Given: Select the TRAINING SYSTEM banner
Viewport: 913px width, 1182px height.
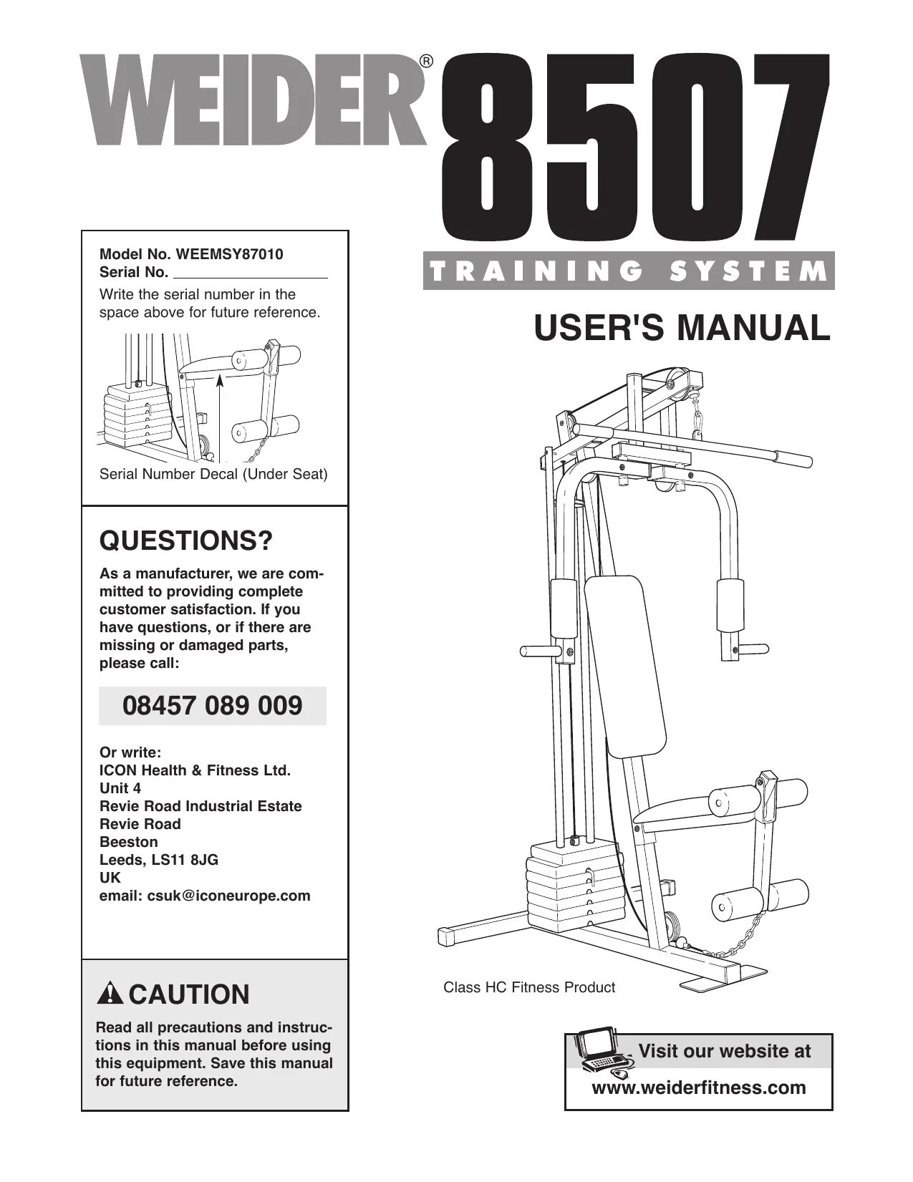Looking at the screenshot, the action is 629,271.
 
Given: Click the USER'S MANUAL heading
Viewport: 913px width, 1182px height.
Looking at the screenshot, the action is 682,328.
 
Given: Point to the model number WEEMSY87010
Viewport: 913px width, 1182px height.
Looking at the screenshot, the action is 231,254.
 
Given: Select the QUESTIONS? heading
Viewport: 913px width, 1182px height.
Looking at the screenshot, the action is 186,541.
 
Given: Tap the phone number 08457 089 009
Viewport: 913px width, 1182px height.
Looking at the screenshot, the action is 213,706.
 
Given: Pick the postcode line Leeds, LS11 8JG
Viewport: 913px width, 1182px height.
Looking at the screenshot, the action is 159,860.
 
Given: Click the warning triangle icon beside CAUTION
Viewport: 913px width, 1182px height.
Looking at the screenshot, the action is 111,994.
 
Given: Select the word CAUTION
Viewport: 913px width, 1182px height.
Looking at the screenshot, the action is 189,994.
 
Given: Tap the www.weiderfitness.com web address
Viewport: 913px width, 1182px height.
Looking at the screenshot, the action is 698,1087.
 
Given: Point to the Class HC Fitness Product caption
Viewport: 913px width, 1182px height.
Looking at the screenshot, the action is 529,987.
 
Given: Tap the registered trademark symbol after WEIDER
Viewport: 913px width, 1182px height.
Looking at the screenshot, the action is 426,62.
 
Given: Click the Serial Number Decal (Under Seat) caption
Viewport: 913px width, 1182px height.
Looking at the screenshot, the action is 213,474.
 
